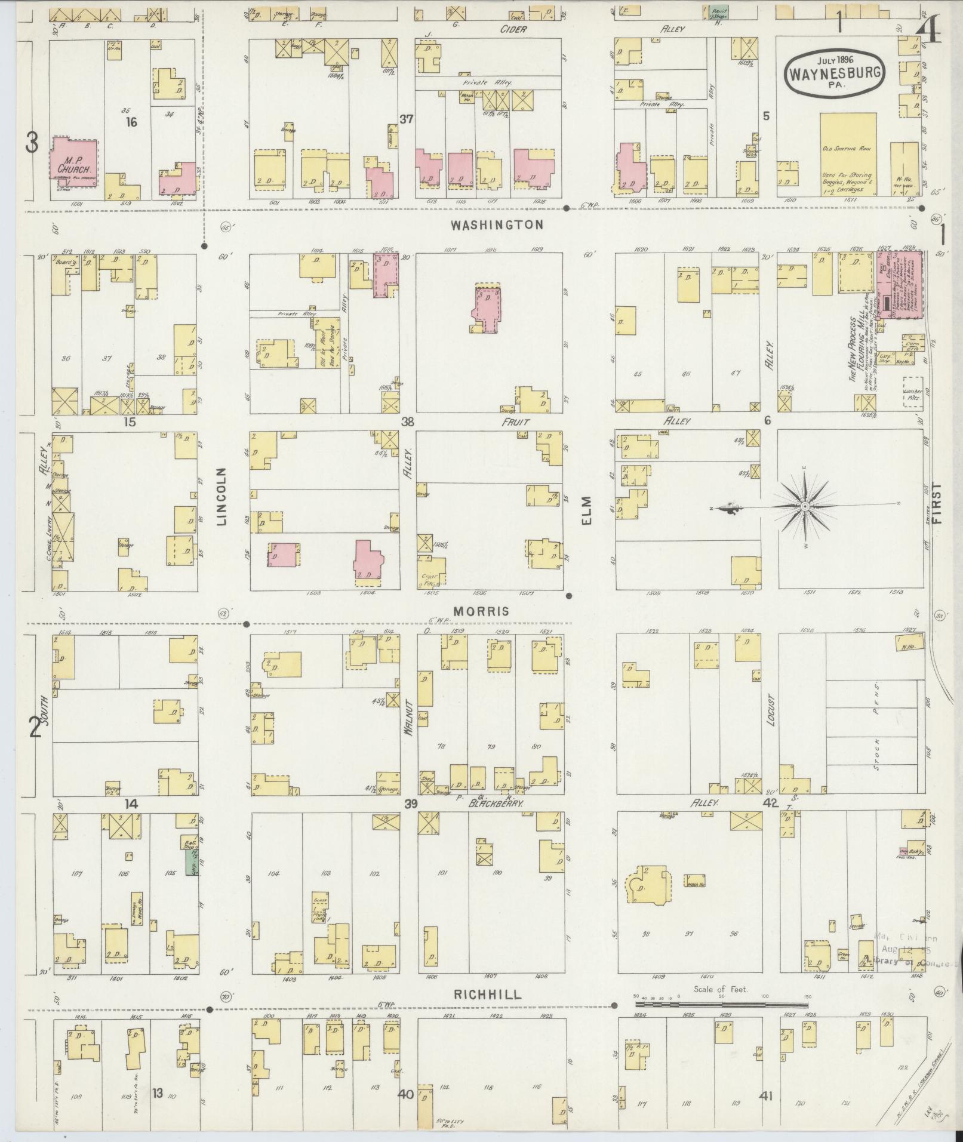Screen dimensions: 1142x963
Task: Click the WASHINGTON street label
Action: coord(497,225)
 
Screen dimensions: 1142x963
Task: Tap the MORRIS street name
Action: coord(481,611)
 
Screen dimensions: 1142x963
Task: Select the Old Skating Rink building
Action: coord(848,155)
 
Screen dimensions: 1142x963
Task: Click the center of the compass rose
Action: coord(805,507)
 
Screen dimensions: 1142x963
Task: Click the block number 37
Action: coord(406,119)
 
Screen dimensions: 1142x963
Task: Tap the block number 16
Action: coord(131,122)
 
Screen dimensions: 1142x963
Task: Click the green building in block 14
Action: coord(192,863)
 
